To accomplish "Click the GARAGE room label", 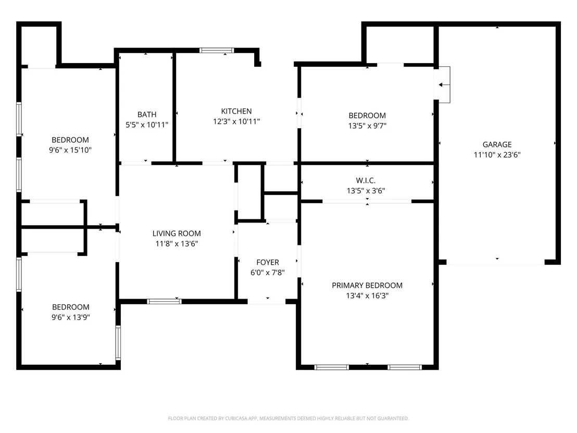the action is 497,144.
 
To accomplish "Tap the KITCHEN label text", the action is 236,111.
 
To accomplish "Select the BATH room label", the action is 147,115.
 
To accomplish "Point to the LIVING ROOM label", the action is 177,233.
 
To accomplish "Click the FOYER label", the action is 268,263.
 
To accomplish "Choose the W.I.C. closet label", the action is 366,180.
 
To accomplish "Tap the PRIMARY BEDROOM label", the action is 367,286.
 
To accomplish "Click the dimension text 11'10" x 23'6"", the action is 497,155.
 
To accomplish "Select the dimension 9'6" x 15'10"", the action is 70,150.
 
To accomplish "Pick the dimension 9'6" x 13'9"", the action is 71,317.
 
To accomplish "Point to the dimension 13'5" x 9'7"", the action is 367,126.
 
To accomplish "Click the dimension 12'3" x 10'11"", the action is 236,121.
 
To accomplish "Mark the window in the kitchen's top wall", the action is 217,51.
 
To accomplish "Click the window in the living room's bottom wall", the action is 164,302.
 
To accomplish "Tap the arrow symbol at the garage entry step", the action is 444,85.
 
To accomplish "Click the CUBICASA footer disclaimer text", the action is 288,418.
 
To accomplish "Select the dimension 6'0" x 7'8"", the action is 268,273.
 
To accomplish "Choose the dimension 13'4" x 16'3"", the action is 367,295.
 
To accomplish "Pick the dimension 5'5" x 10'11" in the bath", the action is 147,125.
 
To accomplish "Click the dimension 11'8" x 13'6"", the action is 177,244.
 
